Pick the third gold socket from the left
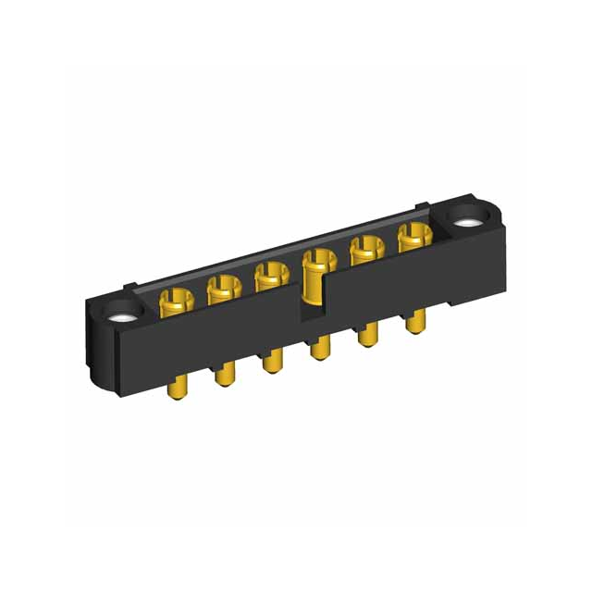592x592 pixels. click(269, 274)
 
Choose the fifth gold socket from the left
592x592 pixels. click(366, 248)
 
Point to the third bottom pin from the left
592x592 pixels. click(271, 360)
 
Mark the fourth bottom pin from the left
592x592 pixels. click(319, 348)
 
